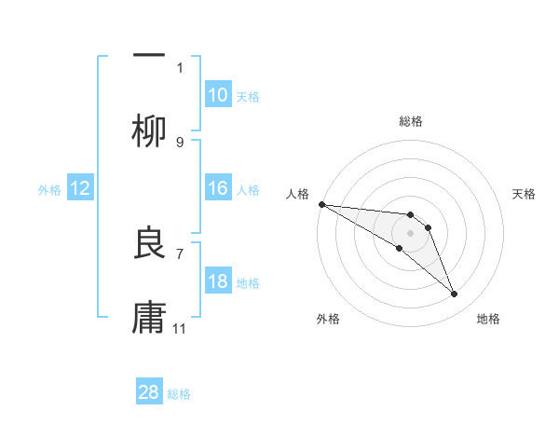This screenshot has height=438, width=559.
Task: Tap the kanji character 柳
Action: point(149,131)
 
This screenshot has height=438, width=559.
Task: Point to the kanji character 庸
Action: point(149,318)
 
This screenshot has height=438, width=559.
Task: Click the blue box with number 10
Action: point(218,95)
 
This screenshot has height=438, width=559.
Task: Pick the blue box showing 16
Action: point(218,189)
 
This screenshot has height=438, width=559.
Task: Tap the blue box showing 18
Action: point(218,282)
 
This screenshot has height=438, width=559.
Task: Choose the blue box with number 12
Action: point(80,189)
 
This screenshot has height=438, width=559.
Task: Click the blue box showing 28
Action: point(149,393)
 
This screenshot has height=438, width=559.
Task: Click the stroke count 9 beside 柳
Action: point(180,143)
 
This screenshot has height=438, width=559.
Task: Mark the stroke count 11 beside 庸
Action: point(180,329)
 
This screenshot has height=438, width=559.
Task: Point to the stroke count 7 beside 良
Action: point(180,253)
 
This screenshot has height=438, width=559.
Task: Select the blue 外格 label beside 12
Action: point(49,190)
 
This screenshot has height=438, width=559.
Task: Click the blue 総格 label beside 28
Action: point(179,394)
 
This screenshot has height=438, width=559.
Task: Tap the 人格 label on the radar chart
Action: point(298,194)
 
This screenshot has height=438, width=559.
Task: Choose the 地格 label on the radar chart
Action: point(488,319)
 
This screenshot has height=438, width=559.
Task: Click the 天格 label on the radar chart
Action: point(524,194)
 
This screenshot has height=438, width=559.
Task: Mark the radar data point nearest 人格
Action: point(320,204)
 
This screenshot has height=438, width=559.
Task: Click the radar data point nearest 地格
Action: point(454,294)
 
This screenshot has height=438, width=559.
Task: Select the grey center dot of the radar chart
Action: point(410,233)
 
